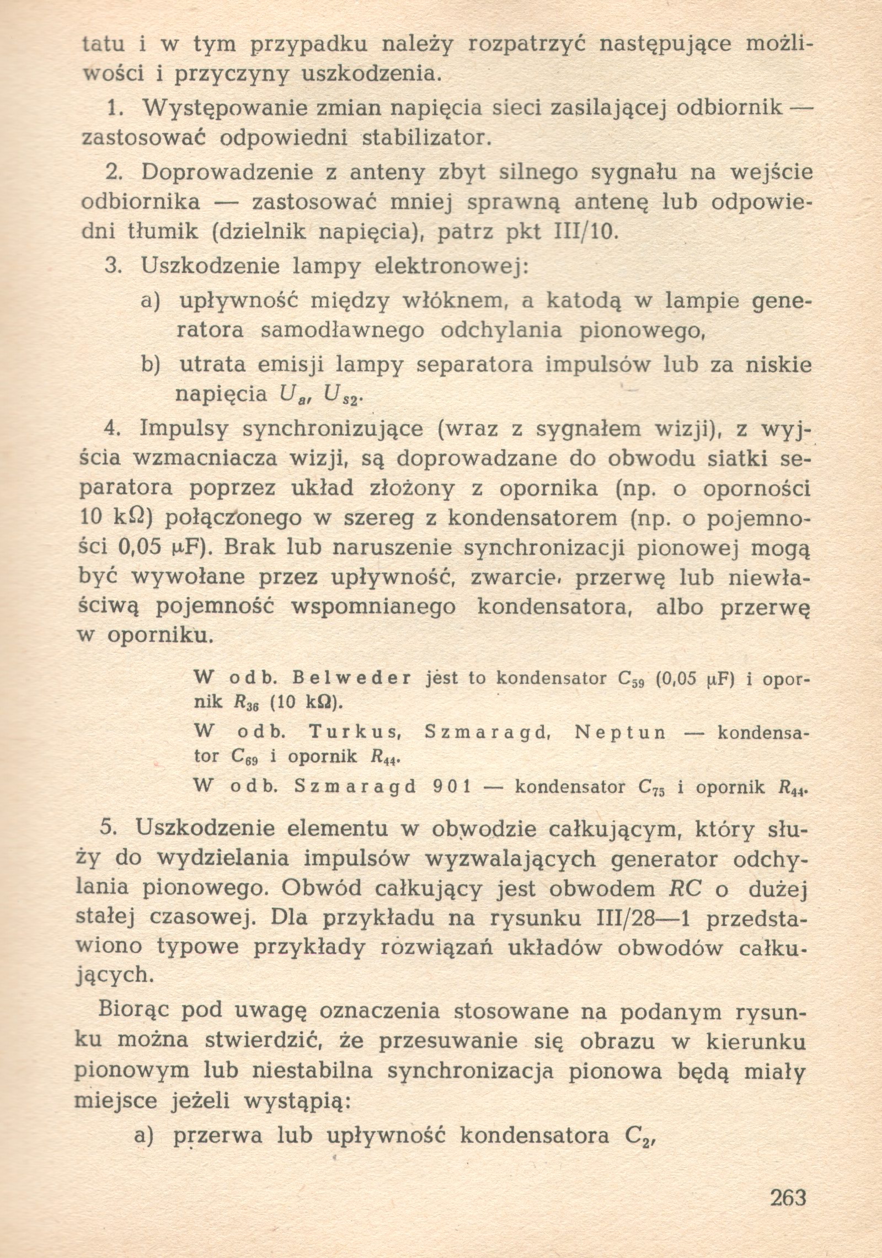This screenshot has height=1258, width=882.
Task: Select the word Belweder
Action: coord(354,678)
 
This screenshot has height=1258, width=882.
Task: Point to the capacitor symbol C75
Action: coord(653,788)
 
